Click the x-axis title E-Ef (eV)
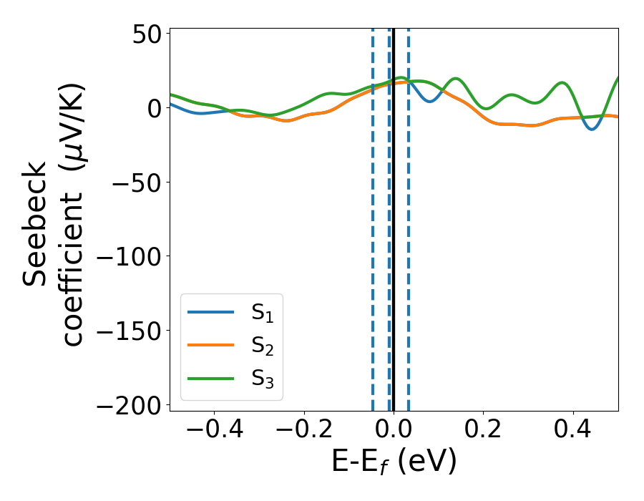click(394, 463)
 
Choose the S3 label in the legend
click(263, 379)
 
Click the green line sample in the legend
click(211, 378)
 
